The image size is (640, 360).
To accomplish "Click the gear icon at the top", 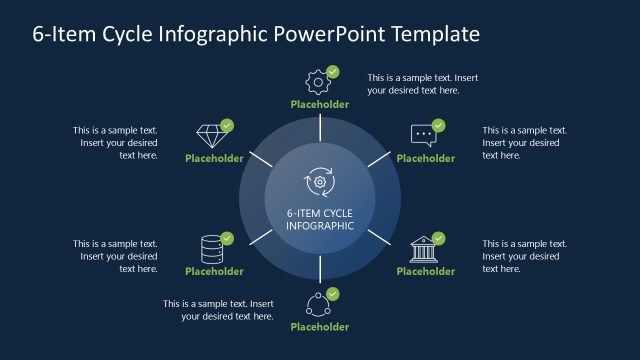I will point(317,80).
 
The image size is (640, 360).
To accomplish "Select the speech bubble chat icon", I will point(423,134).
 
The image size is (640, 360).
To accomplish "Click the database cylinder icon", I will point(211,247).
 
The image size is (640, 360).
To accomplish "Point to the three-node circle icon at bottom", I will point(317,303).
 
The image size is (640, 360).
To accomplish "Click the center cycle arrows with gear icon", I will point(320,182).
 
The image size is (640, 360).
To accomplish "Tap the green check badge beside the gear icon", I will point(333,72).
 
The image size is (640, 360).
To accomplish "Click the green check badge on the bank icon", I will point(439,239).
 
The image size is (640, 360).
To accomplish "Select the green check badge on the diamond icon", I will point(227,126).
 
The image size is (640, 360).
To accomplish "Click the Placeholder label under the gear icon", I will point(320,104).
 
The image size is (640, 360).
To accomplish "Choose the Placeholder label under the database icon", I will point(214,271).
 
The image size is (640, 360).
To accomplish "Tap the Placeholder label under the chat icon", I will point(426,158).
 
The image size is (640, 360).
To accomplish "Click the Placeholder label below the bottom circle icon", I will point(320,327).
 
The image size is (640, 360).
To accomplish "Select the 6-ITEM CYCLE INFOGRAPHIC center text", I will point(320,218).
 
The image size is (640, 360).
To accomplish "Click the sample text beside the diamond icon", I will point(116,142).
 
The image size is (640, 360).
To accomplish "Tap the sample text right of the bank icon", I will point(524,255).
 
